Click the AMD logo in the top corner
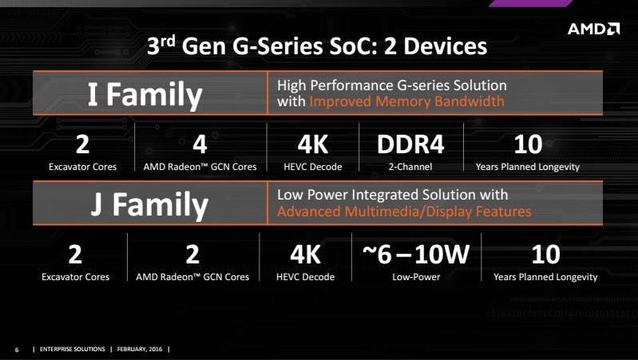593,29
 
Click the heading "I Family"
145,95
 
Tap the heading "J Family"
149,204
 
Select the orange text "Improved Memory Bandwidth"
407,101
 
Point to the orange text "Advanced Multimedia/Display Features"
404,212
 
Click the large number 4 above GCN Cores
200,144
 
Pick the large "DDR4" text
410,144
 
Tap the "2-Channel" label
410,167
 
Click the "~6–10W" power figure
416,255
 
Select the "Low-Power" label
416,277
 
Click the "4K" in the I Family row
313,144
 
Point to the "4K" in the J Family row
306,255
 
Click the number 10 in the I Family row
528,144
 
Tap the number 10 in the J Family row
545,255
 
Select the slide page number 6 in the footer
17,350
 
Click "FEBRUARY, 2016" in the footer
140,349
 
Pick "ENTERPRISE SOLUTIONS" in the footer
73,349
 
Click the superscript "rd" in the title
168,41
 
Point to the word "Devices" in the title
445,46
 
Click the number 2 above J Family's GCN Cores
192,255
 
